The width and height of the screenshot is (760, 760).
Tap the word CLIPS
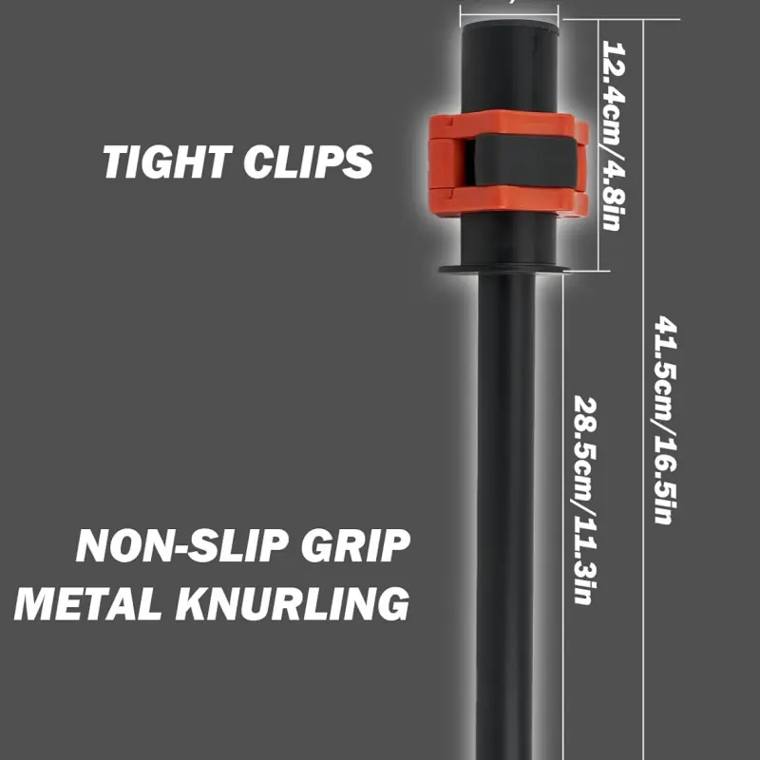[308, 161]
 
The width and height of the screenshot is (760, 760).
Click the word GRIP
[355, 545]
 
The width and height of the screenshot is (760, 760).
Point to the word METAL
[88, 603]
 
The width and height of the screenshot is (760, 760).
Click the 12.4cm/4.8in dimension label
[614, 135]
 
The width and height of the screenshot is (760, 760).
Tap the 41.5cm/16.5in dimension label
[666, 420]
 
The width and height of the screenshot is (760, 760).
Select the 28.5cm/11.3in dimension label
[584, 501]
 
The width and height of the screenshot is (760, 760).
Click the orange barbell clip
[509, 162]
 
